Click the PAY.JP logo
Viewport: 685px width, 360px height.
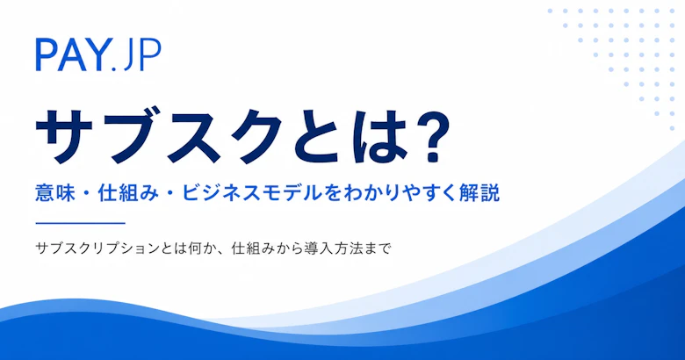coord(97,54)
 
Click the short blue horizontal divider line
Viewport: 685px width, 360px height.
coord(81,223)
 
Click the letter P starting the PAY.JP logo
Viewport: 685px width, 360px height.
coord(46,54)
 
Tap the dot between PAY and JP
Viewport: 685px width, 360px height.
coord(114,68)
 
